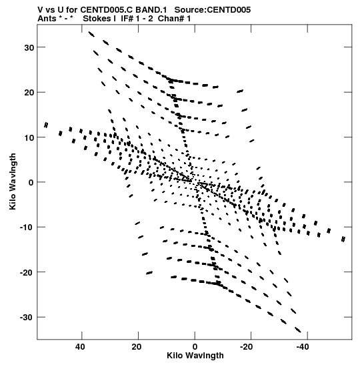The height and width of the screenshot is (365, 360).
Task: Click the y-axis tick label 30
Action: [x=29, y=48]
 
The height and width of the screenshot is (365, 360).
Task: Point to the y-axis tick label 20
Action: [x=29, y=93]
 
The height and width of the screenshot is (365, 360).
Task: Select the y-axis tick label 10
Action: [x=29, y=137]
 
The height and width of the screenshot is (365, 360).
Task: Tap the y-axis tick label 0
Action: [x=31, y=183]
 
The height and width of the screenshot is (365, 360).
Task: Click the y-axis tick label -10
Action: [x=27, y=228]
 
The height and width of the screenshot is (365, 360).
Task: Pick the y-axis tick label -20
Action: [x=27, y=272]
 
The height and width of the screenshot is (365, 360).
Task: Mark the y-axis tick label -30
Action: [x=27, y=318]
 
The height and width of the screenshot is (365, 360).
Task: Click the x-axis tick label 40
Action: [x=80, y=347]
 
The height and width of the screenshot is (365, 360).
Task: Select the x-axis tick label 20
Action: [x=137, y=347]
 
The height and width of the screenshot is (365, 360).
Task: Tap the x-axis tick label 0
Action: [x=195, y=347]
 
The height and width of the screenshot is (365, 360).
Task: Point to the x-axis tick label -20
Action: [x=246, y=347]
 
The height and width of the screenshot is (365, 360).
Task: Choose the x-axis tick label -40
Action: [x=303, y=347]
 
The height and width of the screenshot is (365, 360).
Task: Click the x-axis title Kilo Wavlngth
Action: [x=195, y=356]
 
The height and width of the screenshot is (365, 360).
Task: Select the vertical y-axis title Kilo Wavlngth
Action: [x=13, y=181]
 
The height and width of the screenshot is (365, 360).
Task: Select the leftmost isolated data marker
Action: [x=46, y=125]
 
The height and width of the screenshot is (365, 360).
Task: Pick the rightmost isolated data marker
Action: [x=343, y=239]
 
